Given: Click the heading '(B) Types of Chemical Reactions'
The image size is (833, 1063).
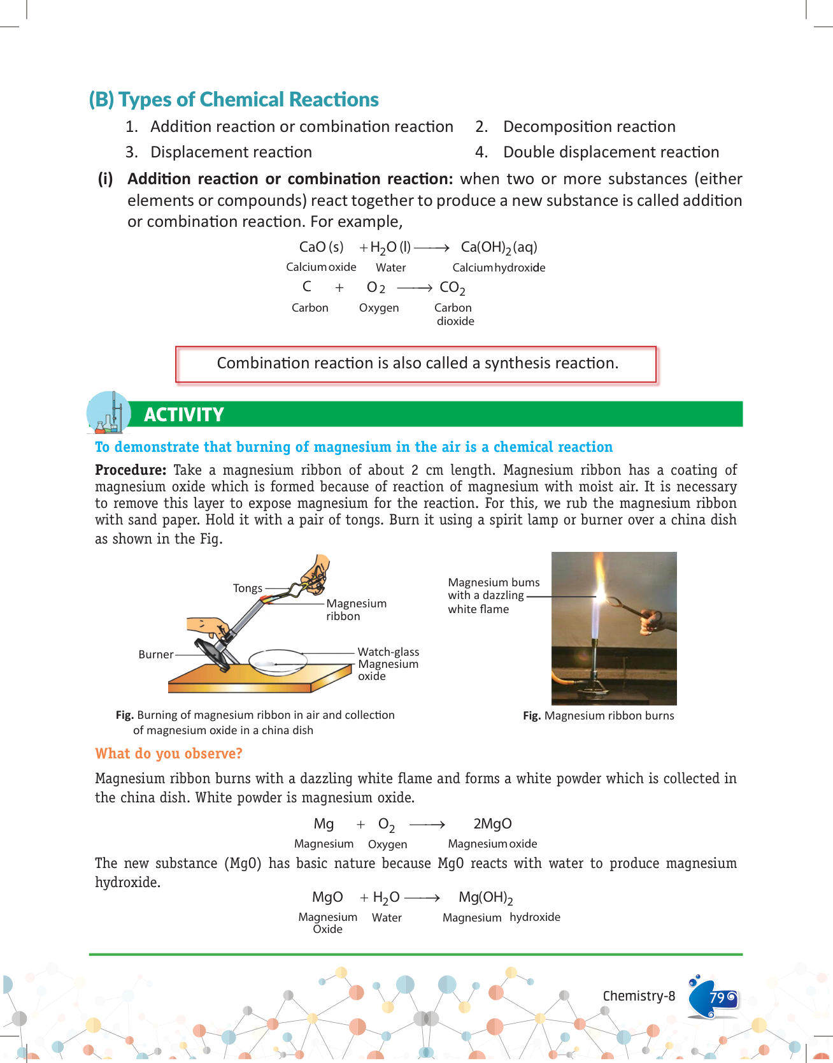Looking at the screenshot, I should click(x=234, y=99).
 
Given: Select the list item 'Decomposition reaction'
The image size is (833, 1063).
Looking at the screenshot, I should click(x=589, y=127).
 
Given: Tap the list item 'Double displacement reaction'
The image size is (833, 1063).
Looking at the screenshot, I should click(x=611, y=152).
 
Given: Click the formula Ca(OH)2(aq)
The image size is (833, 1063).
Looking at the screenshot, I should click(x=499, y=247).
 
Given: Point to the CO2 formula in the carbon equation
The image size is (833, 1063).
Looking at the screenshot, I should click(x=452, y=288).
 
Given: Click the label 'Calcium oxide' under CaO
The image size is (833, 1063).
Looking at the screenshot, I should click(x=321, y=268).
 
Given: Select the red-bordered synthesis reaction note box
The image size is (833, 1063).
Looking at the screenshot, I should click(x=416, y=364).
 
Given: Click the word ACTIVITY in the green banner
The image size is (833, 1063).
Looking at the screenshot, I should click(x=184, y=415).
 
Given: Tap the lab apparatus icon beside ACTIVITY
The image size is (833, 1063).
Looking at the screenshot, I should click(x=109, y=413).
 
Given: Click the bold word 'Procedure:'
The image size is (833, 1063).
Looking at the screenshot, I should click(x=131, y=470).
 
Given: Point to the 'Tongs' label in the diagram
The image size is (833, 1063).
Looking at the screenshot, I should click(x=248, y=588).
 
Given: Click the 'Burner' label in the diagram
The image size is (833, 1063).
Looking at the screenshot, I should click(x=156, y=654).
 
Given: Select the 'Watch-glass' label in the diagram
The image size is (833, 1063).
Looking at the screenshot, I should click(x=388, y=652).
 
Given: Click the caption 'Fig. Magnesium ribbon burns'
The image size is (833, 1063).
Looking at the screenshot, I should click(x=598, y=716).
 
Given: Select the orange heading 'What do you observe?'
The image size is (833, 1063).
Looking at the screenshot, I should click(x=169, y=754).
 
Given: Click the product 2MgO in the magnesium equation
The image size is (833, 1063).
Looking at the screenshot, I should click(x=492, y=824).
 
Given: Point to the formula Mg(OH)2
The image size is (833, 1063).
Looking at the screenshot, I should click(x=486, y=898).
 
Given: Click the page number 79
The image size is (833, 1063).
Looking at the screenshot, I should click(x=717, y=997).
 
